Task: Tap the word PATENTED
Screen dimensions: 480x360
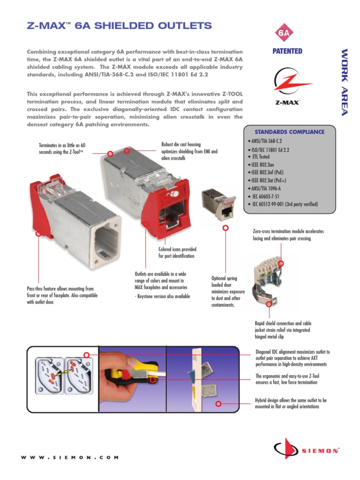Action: click(287, 51)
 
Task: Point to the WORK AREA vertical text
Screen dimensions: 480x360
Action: click(345, 82)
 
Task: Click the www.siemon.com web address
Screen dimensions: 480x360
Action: click(69, 457)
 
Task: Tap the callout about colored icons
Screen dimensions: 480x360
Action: click(177, 253)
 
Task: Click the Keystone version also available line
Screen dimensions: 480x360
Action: click(162, 297)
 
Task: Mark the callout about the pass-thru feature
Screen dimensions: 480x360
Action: click(60, 295)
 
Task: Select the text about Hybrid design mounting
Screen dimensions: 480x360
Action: click(291, 404)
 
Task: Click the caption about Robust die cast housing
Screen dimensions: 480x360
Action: click(189, 152)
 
